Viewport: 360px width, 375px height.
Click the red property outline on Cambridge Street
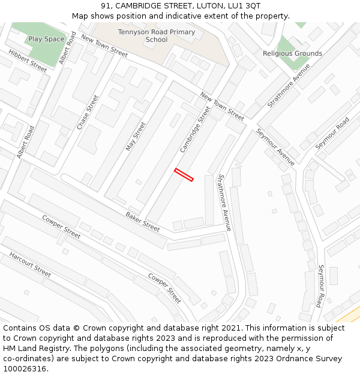coord(184,175)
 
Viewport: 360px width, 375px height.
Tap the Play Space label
coord(46,40)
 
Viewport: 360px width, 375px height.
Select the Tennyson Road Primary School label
coord(156,36)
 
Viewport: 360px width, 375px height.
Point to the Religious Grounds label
coord(292,53)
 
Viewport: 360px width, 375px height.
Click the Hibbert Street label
coord(28,61)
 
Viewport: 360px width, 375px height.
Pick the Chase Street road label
coord(88,112)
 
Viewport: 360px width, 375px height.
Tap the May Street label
coord(136,137)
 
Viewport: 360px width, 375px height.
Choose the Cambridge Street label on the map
coord(196,130)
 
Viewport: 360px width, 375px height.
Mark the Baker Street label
coord(143,221)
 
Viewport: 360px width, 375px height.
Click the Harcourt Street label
coord(30,264)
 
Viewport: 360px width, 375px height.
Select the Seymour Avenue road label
coord(275,147)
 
